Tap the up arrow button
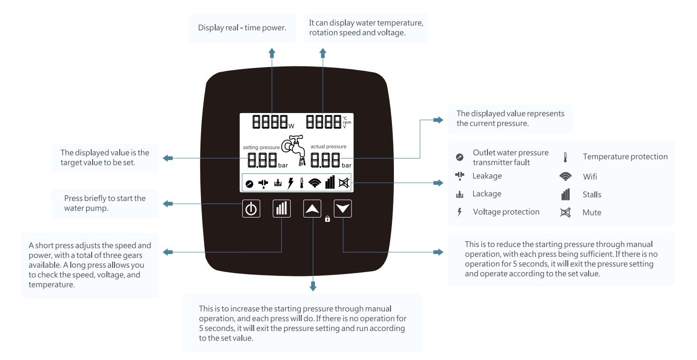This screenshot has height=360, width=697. pos(312,209)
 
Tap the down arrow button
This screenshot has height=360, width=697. pos(343,209)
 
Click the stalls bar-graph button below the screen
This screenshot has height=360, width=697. pos(281,209)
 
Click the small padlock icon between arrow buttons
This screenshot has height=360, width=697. pos(327,219)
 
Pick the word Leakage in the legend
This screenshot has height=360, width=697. pos(487,176)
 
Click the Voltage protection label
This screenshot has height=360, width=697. pos(506,212)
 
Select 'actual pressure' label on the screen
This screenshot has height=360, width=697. pos(328,146)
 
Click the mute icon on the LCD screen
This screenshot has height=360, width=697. pos(343,183)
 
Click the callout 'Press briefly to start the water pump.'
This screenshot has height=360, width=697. pos(105,203)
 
